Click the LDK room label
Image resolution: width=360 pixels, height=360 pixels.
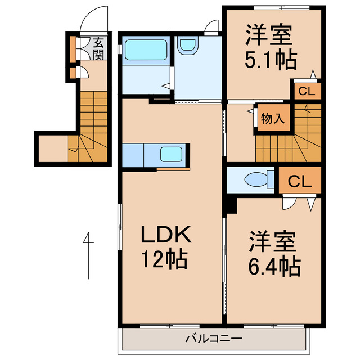[166, 235]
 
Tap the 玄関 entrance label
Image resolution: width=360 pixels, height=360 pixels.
[98, 48]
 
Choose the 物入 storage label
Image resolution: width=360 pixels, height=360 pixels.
[273, 119]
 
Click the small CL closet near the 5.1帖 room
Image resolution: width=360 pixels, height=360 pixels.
[307, 91]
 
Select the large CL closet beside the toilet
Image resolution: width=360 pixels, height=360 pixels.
[300, 181]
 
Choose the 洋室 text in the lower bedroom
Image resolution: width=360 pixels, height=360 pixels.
[273, 241]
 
